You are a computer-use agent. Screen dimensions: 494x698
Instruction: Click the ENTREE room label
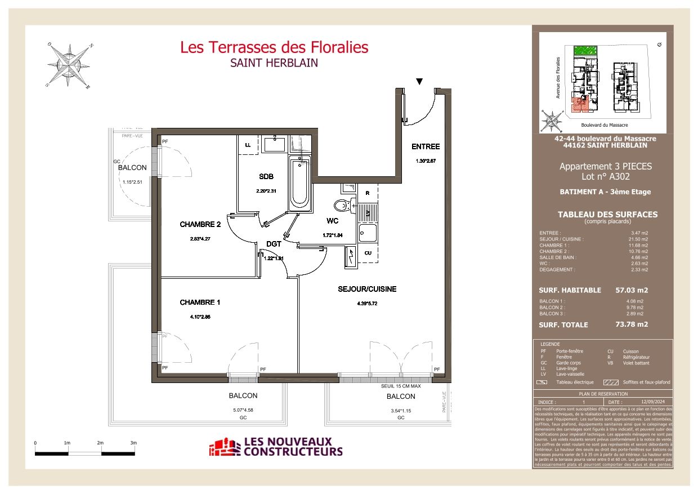click(425, 146)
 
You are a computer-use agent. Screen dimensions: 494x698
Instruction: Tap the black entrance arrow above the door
click(419, 82)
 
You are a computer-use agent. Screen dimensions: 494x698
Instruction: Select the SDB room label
click(266, 177)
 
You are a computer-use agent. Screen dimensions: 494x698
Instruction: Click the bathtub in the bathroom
click(299, 183)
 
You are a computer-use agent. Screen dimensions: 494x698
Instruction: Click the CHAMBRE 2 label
click(200, 224)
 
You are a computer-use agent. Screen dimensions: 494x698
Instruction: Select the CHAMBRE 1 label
click(200, 302)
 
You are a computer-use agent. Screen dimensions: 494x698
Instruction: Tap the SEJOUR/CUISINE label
click(367, 289)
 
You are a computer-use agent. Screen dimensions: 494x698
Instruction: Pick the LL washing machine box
click(248, 145)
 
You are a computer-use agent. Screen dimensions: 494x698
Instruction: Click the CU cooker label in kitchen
click(367, 253)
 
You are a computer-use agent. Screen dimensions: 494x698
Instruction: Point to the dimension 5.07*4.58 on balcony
click(243, 410)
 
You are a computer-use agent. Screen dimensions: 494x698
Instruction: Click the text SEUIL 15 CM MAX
click(401, 386)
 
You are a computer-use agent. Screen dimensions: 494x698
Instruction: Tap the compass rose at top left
click(69, 65)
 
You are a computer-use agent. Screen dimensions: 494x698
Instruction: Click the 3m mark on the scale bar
click(133, 443)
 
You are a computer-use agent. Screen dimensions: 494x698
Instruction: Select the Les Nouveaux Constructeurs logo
click(276, 447)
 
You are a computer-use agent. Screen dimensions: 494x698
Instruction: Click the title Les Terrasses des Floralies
click(274, 47)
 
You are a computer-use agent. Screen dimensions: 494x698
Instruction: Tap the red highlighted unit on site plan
click(578, 104)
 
